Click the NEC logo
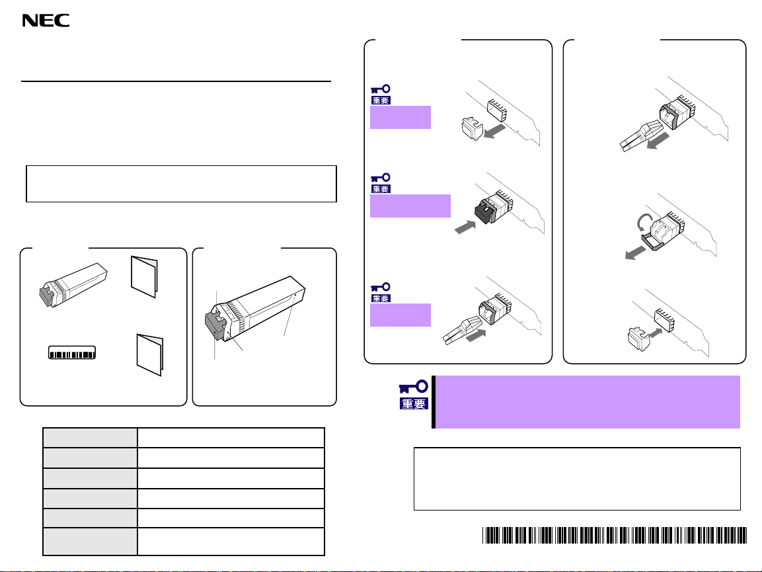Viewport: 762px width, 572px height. tap(46, 20)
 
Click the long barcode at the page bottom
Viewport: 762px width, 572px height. tap(614, 535)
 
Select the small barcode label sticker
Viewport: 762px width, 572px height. tap(72, 352)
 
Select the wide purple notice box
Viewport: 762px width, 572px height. tap(587, 402)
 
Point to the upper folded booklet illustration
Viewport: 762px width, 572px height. tap(144, 276)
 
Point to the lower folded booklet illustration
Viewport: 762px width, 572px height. tap(149, 354)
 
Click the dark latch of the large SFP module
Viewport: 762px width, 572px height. tap(214, 324)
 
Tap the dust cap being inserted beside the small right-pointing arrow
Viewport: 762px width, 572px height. tap(639, 339)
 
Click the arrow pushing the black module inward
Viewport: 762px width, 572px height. tap(465, 227)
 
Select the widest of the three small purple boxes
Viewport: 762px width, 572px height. tap(410, 206)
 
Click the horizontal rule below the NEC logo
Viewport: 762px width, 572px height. tap(176, 81)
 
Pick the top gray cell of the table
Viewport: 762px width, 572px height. tap(90, 438)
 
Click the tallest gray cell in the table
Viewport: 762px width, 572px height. tap(90, 542)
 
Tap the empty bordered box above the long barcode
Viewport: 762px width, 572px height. tap(578, 479)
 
